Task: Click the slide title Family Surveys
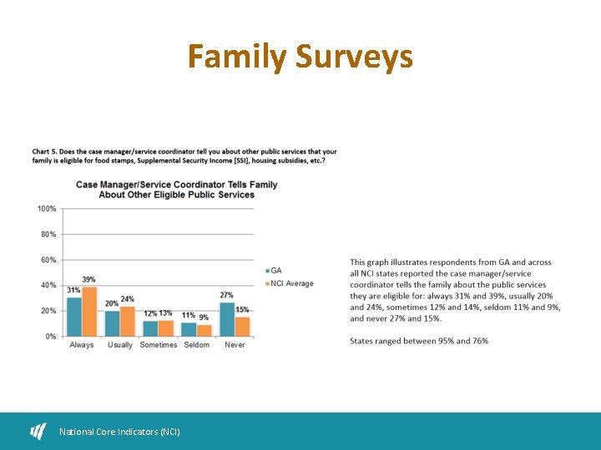click(300, 57)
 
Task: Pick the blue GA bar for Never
click(227, 319)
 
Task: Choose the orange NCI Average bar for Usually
click(127, 321)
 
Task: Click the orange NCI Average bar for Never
click(242, 327)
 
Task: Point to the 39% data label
click(88, 279)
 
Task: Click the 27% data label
click(226, 295)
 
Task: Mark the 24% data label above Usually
click(127, 299)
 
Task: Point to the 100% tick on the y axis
click(47, 208)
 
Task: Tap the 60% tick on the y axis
click(48, 260)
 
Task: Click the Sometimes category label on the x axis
click(159, 345)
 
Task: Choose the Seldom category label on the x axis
click(197, 345)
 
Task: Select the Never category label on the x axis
click(235, 345)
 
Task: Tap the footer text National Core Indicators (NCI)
click(119, 432)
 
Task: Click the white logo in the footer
click(38, 431)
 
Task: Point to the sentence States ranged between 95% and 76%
click(419, 341)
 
